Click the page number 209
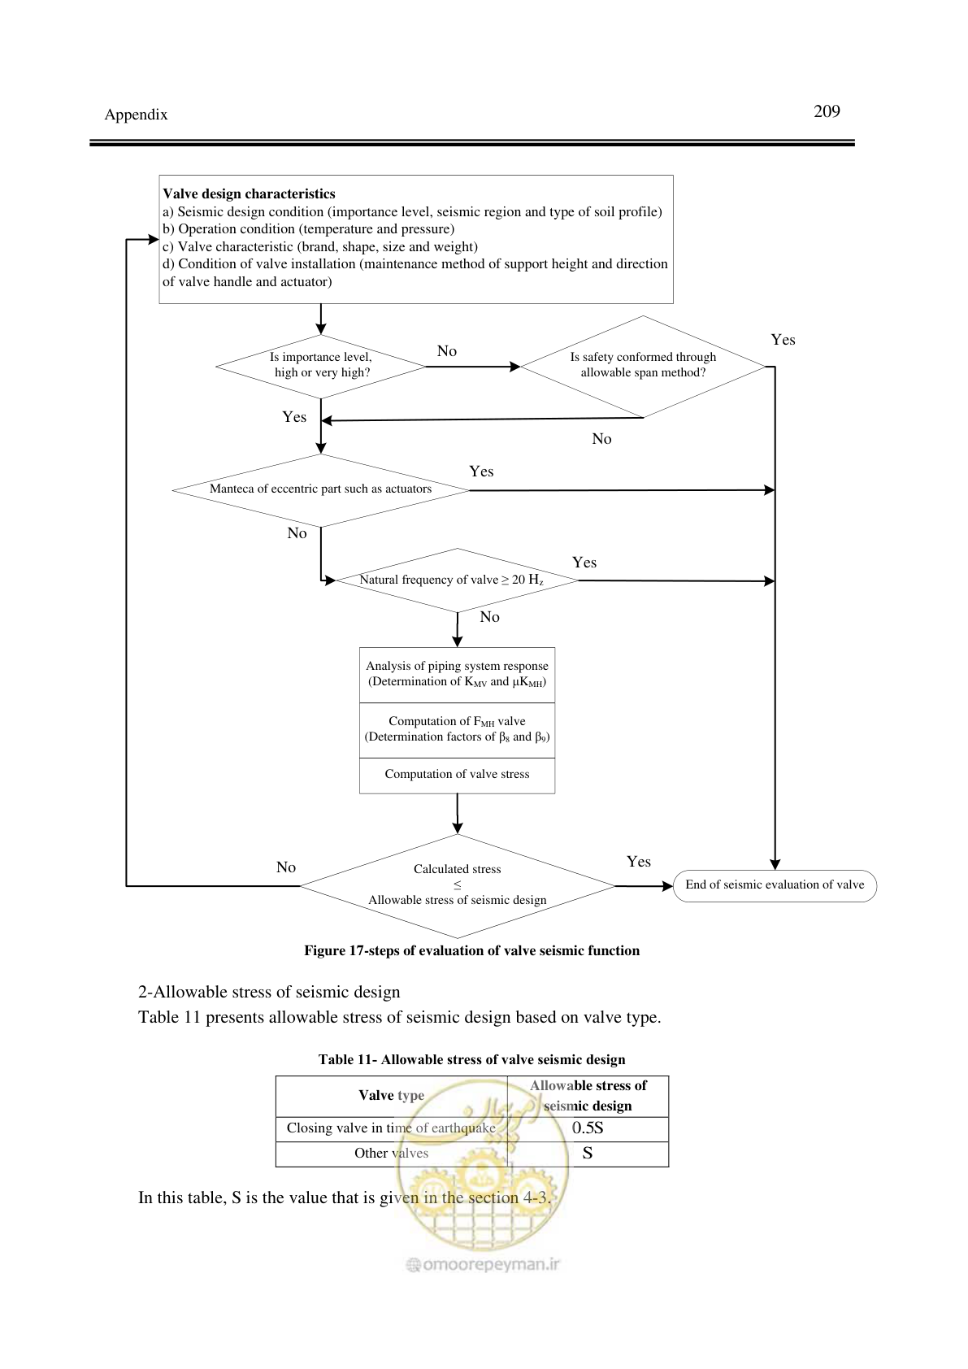click(827, 111)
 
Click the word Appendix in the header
click(136, 115)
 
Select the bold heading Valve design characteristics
click(249, 193)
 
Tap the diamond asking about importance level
click(321, 367)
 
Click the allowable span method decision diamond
click(643, 367)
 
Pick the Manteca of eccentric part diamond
click(321, 490)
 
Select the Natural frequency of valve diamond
click(457, 580)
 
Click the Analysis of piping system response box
click(457, 675)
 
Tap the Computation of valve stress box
click(457, 776)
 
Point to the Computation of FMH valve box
click(457, 730)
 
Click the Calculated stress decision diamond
click(457, 885)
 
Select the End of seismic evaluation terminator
click(775, 885)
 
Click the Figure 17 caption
click(471, 950)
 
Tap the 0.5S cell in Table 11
click(588, 1128)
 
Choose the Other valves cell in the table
click(391, 1154)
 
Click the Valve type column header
click(391, 1096)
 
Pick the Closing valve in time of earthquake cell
click(391, 1128)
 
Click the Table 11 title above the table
click(471, 1059)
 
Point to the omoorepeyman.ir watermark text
click(483, 1264)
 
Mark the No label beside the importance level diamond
click(447, 351)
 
